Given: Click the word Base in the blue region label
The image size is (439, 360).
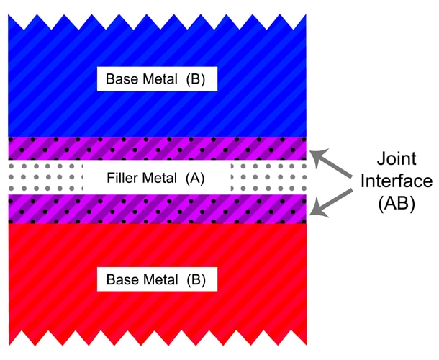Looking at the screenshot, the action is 117,79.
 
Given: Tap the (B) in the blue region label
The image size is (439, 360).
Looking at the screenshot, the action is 196,79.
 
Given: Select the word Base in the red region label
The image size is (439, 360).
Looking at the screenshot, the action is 118,279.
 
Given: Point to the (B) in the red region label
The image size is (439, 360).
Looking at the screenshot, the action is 196,279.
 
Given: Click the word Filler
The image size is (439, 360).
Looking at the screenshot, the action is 120,178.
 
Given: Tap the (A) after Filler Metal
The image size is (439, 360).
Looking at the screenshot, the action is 195,178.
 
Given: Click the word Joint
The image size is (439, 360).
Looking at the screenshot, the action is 397,159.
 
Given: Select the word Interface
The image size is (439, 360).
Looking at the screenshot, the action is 397,181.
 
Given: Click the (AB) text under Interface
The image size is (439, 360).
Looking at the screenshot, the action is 397,203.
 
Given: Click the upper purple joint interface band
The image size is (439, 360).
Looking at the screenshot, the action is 157,148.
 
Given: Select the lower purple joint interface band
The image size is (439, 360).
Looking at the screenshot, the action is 157,209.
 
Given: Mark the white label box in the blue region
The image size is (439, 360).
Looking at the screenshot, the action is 157,78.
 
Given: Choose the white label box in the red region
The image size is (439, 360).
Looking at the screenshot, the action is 157,279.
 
